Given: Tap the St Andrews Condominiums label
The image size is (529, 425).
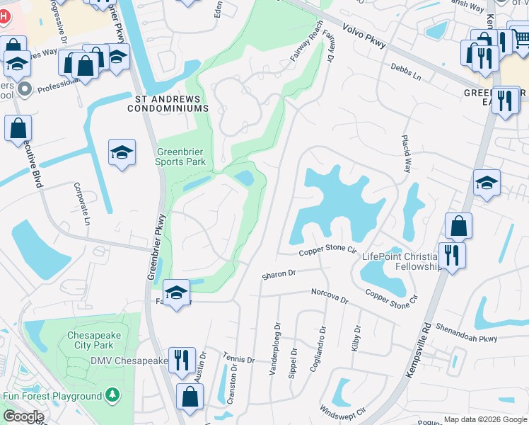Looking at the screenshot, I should click(168, 103).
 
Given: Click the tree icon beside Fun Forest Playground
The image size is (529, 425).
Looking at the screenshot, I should click(112, 395).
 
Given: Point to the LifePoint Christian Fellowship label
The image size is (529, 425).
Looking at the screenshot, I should click(400, 261).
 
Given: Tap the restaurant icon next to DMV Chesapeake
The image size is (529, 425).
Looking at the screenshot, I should click(182, 361).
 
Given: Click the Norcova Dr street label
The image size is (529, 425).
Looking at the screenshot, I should click(330, 295).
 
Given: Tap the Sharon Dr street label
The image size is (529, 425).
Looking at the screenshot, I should click(277, 273).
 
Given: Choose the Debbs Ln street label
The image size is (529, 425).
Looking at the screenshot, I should click(405, 70).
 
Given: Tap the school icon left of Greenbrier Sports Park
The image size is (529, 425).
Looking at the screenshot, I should click(122, 153).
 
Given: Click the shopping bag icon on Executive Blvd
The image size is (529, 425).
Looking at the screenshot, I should click(18, 130).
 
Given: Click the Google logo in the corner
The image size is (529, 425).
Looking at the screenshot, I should click(23, 416).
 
